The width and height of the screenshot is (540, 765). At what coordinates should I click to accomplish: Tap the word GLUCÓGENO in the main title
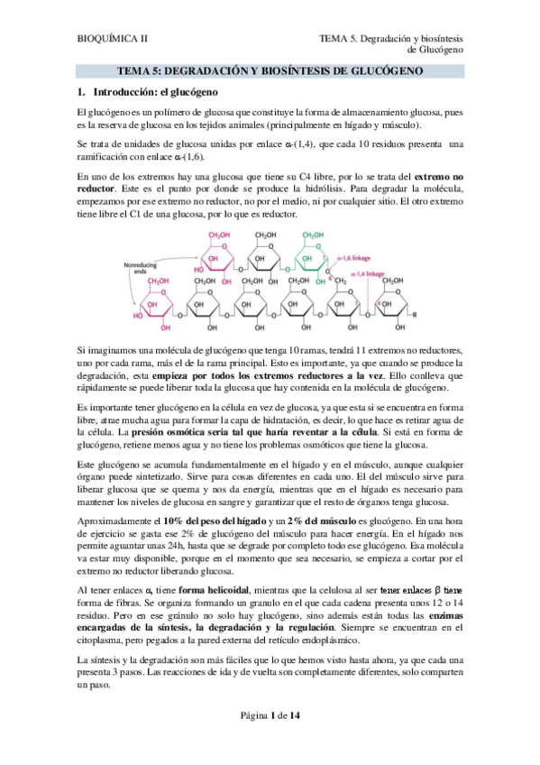[379, 69]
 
